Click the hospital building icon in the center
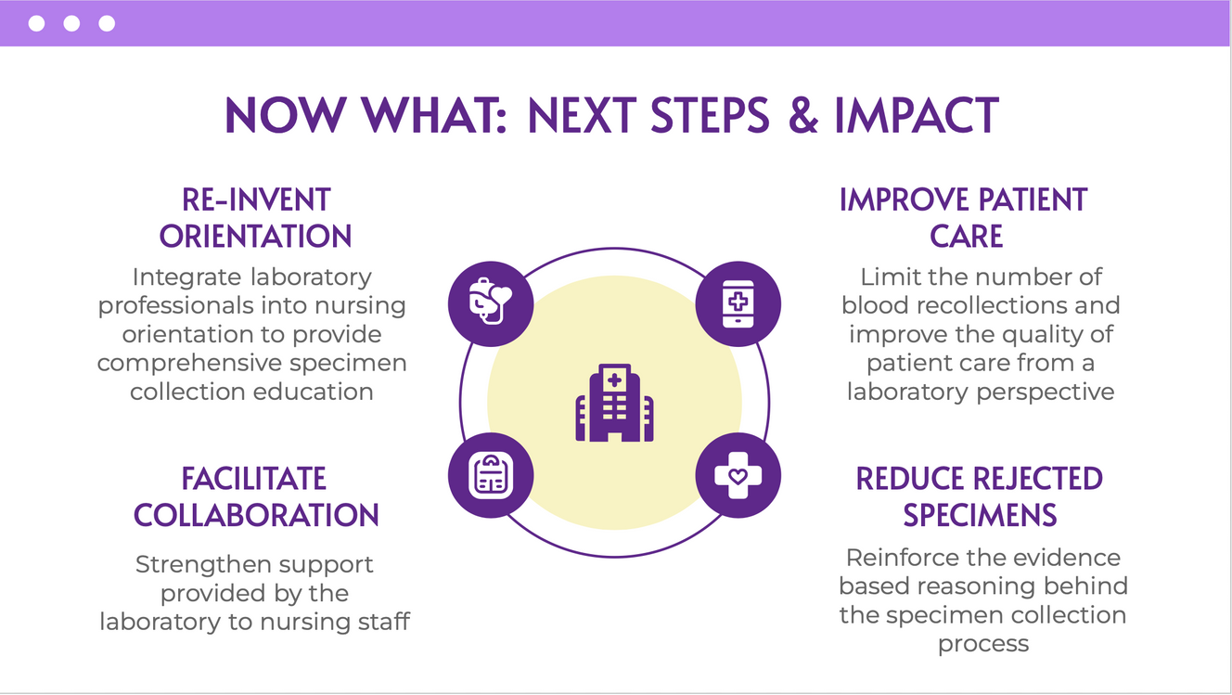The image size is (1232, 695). [x=614, y=403]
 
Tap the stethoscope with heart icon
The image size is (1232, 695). [x=490, y=301]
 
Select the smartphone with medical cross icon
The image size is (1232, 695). [x=738, y=303]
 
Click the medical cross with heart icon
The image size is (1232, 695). [x=738, y=475]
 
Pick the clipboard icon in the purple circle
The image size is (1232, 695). [x=491, y=475]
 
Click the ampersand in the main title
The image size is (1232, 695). [x=803, y=116]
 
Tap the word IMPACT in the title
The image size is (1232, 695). [x=917, y=116]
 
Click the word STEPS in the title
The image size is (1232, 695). [x=710, y=116]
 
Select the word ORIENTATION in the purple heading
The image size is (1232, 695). [x=255, y=237]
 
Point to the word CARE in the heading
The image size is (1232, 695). [x=966, y=237]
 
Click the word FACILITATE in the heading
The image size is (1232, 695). [x=253, y=479]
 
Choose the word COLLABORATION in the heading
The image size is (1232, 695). [x=256, y=516]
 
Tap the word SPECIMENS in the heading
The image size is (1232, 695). [x=980, y=516]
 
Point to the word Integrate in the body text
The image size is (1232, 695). [x=187, y=277]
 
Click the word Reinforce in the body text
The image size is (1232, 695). [x=902, y=558]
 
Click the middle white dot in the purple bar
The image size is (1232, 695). [x=71, y=24]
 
